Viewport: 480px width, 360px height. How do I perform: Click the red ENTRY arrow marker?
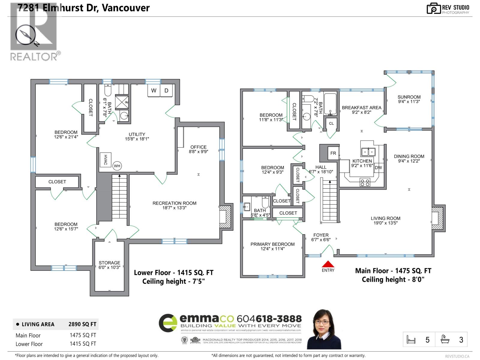click(328, 264)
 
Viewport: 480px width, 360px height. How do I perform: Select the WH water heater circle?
click(117, 166)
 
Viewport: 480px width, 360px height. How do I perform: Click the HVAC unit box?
click(105, 160)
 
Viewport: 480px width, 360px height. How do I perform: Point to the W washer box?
click(154, 91)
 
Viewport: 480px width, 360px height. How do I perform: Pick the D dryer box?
click(166, 91)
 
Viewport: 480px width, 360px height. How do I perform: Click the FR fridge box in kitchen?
click(333, 153)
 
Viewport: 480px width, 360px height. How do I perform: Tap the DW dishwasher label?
click(378, 168)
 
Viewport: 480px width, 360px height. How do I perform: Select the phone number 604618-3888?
click(269, 319)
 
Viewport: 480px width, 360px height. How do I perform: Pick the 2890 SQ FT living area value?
click(82, 324)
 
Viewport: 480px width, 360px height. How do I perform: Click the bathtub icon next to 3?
click(445, 339)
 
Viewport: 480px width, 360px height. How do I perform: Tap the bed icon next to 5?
click(411, 340)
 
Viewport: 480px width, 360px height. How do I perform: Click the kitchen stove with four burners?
click(365, 182)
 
